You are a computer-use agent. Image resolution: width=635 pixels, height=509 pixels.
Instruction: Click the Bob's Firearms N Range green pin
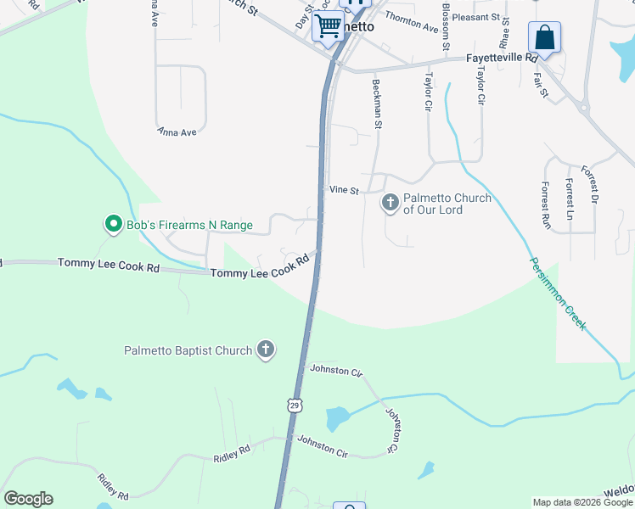click(112, 224)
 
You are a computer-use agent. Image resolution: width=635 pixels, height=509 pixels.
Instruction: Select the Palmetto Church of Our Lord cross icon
click(390, 202)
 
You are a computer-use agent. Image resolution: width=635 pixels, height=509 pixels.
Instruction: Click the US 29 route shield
click(294, 406)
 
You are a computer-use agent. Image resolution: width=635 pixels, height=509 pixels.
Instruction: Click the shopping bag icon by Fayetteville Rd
click(544, 38)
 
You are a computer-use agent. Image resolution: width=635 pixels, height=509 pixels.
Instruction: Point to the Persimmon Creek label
click(558, 293)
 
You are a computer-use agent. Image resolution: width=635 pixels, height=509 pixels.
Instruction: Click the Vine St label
click(344, 192)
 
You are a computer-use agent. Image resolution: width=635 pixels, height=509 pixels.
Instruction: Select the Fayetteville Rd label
click(503, 59)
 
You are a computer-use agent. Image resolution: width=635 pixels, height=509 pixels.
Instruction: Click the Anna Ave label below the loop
click(177, 132)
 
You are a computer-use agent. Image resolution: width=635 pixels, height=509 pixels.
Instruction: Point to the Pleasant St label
click(475, 17)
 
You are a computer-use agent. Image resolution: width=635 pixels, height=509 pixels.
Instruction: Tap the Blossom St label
click(446, 25)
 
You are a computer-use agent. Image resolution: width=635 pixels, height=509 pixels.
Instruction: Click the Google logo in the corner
click(28, 499)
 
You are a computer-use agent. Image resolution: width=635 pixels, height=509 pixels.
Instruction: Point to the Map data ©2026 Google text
click(583, 502)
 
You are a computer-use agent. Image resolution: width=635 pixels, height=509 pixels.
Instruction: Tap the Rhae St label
click(505, 31)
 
